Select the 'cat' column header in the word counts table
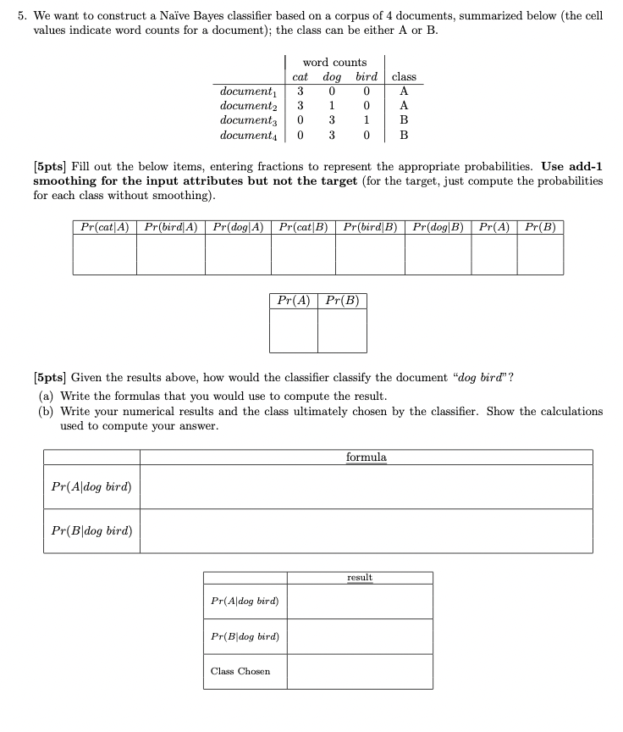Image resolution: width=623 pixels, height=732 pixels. [300, 77]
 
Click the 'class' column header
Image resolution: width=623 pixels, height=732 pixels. [404, 77]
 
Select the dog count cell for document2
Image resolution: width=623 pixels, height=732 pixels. [333, 106]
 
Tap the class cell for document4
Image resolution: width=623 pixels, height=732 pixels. [404, 135]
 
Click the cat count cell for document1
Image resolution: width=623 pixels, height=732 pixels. [300, 91]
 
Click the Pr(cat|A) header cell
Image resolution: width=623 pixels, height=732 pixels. [104, 227]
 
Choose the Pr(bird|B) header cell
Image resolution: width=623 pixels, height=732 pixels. [371, 227]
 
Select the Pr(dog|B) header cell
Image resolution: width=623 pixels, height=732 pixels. [438, 227]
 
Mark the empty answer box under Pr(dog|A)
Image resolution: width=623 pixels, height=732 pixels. [238, 255]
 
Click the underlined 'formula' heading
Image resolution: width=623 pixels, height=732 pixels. [366, 457]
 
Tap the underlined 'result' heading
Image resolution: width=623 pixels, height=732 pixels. [360, 578]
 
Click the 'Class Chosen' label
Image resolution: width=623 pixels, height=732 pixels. [240, 671]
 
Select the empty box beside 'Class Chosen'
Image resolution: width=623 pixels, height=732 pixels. [360, 671]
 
